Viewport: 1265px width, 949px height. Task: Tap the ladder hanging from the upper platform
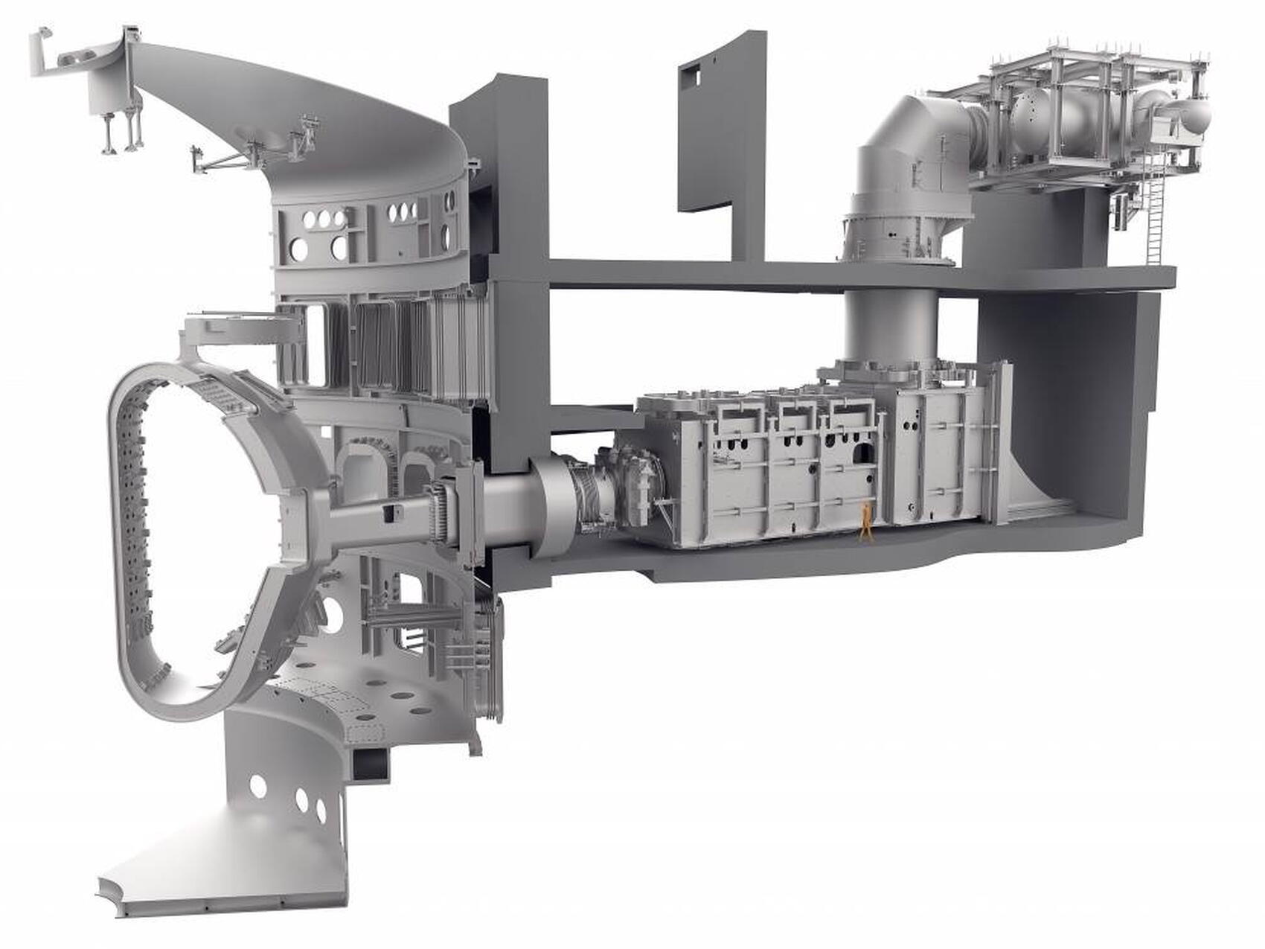click(1154, 216)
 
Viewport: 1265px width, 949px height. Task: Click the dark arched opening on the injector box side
click(862, 455)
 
